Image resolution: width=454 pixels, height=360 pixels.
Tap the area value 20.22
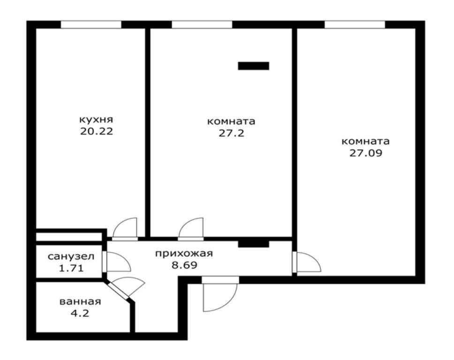point(97,131)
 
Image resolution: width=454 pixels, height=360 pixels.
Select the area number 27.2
point(231,133)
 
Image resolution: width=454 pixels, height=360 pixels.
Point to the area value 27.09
point(366,153)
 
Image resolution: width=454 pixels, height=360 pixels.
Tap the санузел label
point(71,256)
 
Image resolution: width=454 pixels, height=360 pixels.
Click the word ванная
point(80,301)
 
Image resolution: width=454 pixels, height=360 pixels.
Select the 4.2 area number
point(80,313)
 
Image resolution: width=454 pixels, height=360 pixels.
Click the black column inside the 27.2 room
point(253,66)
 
